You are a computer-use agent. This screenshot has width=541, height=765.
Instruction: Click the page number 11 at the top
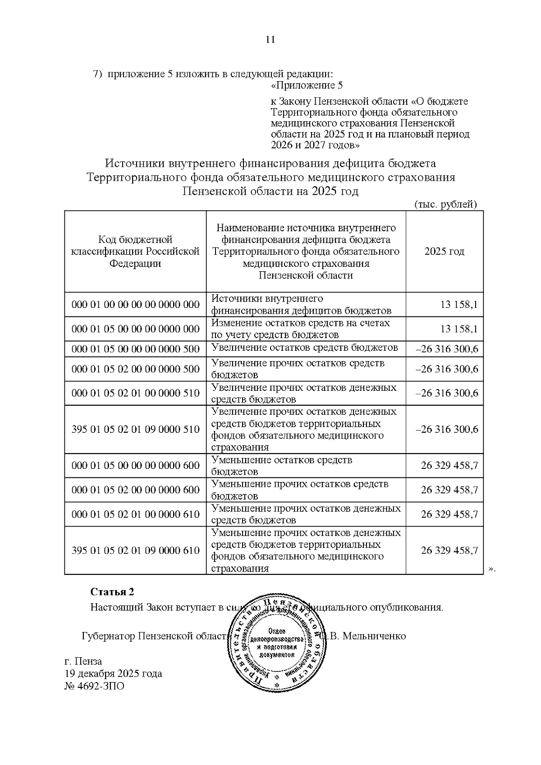(x=270, y=40)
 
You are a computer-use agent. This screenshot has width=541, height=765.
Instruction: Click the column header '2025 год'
(x=444, y=252)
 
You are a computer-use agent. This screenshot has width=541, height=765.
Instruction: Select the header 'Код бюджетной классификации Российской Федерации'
(x=135, y=252)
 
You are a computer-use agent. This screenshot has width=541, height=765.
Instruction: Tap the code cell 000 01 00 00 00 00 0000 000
(x=135, y=305)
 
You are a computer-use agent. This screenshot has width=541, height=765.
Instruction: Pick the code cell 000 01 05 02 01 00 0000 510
(x=135, y=393)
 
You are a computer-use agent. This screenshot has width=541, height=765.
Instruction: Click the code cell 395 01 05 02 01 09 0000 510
(x=135, y=429)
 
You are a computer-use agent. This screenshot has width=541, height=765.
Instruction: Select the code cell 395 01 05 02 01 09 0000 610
(x=135, y=550)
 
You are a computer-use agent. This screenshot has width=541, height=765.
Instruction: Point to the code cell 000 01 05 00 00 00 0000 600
(x=135, y=466)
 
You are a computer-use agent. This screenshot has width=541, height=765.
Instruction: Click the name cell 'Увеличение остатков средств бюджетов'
(x=305, y=348)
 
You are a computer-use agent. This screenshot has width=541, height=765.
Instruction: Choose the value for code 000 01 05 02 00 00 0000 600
(x=449, y=490)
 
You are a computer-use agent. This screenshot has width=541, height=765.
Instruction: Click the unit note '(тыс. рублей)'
(x=445, y=204)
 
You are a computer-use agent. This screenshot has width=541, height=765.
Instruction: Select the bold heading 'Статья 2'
(x=112, y=591)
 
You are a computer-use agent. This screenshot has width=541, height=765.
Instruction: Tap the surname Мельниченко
(x=374, y=636)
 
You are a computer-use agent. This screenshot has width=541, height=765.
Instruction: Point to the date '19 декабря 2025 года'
(x=113, y=674)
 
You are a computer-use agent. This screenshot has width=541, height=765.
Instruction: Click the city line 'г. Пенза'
(x=83, y=661)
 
